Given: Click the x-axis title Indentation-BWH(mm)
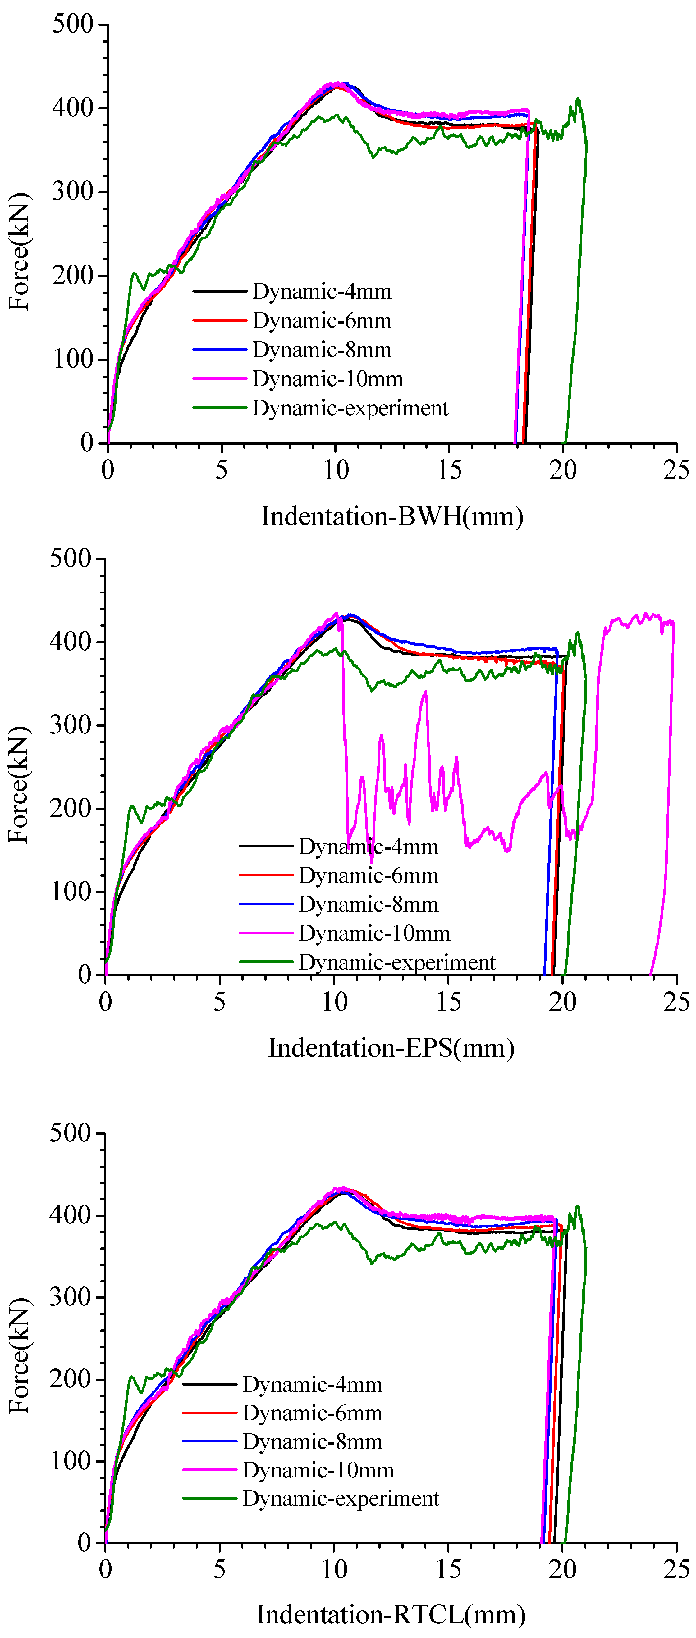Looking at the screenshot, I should tap(392, 516).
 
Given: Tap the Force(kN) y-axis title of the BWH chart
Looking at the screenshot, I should tap(19, 251).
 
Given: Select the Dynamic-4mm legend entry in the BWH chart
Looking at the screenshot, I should tap(321, 291).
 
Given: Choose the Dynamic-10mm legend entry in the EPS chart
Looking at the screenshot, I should tap(374, 933).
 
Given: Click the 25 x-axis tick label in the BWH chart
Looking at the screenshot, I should tap(675, 470).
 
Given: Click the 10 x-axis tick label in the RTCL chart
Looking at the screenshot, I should tap(334, 1569).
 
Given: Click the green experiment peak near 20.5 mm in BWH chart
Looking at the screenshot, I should tap(578, 100).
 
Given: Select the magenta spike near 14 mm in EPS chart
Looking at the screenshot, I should tap(425, 693).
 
